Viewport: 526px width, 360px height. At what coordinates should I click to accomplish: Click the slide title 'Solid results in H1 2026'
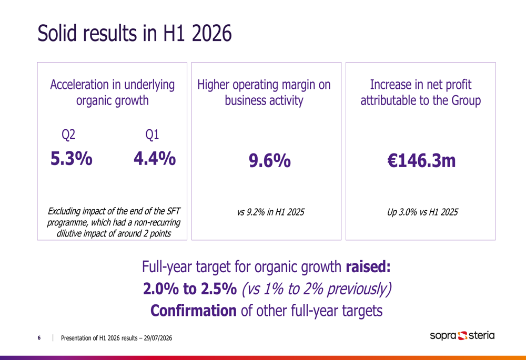click(x=135, y=33)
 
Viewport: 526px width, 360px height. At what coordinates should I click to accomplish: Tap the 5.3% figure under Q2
click(x=71, y=158)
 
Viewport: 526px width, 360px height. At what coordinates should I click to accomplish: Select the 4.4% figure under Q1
click(x=155, y=158)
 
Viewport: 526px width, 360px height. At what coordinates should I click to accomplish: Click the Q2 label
click(x=68, y=135)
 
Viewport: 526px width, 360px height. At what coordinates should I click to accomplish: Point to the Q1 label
click(x=152, y=135)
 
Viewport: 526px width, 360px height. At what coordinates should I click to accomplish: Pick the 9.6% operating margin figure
click(x=270, y=160)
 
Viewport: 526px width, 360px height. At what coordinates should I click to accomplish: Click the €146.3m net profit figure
click(x=421, y=160)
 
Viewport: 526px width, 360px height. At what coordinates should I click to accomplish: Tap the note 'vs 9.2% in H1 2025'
click(x=271, y=212)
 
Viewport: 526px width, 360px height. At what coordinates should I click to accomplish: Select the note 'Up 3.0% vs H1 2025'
click(x=422, y=212)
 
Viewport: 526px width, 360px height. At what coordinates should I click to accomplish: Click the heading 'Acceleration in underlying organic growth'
click(x=113, y=92)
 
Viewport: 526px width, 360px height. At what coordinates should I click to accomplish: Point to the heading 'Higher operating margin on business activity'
click(x=264, y=92)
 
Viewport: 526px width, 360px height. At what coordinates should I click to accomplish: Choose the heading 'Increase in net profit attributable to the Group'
click(x=421, y=92)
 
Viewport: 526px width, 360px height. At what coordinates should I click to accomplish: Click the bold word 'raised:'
click(x=368, y=267)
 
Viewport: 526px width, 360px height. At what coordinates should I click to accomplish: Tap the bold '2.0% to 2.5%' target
click(x=190, y=289)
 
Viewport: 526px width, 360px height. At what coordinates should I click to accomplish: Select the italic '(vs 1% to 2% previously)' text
click(x=317, y=289)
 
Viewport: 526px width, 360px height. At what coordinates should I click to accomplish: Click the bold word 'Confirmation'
click(x=193, y=311)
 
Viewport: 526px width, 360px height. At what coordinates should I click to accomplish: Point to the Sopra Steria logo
click(x=462, y=335)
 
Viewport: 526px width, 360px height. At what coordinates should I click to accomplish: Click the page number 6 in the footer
click(x=39, y=338)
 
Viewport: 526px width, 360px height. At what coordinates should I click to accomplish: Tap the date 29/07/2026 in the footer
click(x=158, y=338)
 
